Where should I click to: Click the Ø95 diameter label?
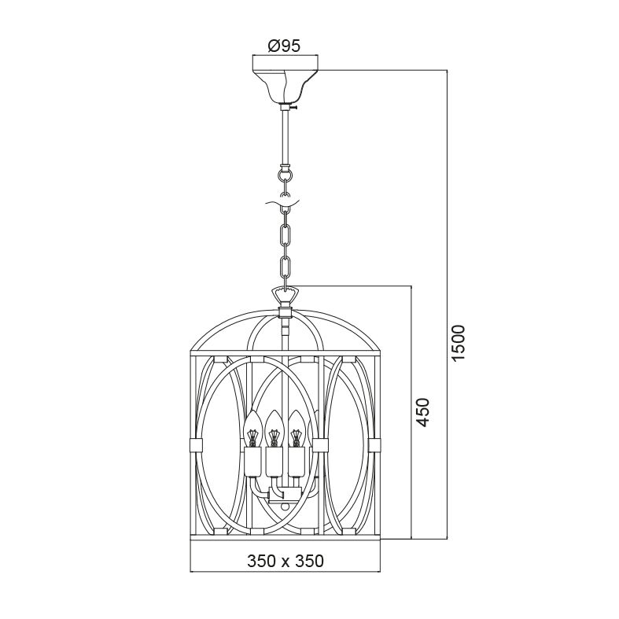coord(284,46)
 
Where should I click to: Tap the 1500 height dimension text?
coord(459,342)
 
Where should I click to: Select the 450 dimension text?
coord(423,412)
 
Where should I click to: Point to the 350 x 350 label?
coord(286,561)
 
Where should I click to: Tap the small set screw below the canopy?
coord(295,107)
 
